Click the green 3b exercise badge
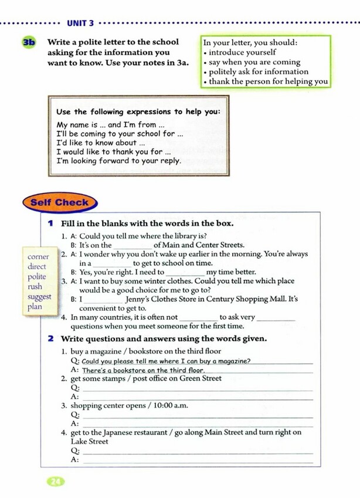click(28, 42)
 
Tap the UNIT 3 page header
click(80, 23)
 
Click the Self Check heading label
click(59, 202)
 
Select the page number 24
click(56, 482)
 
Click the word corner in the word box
click(38, 256)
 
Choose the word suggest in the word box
click(39, 296)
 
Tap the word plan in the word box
click(35, 306)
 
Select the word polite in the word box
click(36, 276)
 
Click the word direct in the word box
click(36, 266)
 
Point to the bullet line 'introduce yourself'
click(242, 52)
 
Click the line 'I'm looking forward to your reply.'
click(118, 160)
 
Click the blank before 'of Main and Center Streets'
click(132, 245)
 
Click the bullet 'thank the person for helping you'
click(268, 82)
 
